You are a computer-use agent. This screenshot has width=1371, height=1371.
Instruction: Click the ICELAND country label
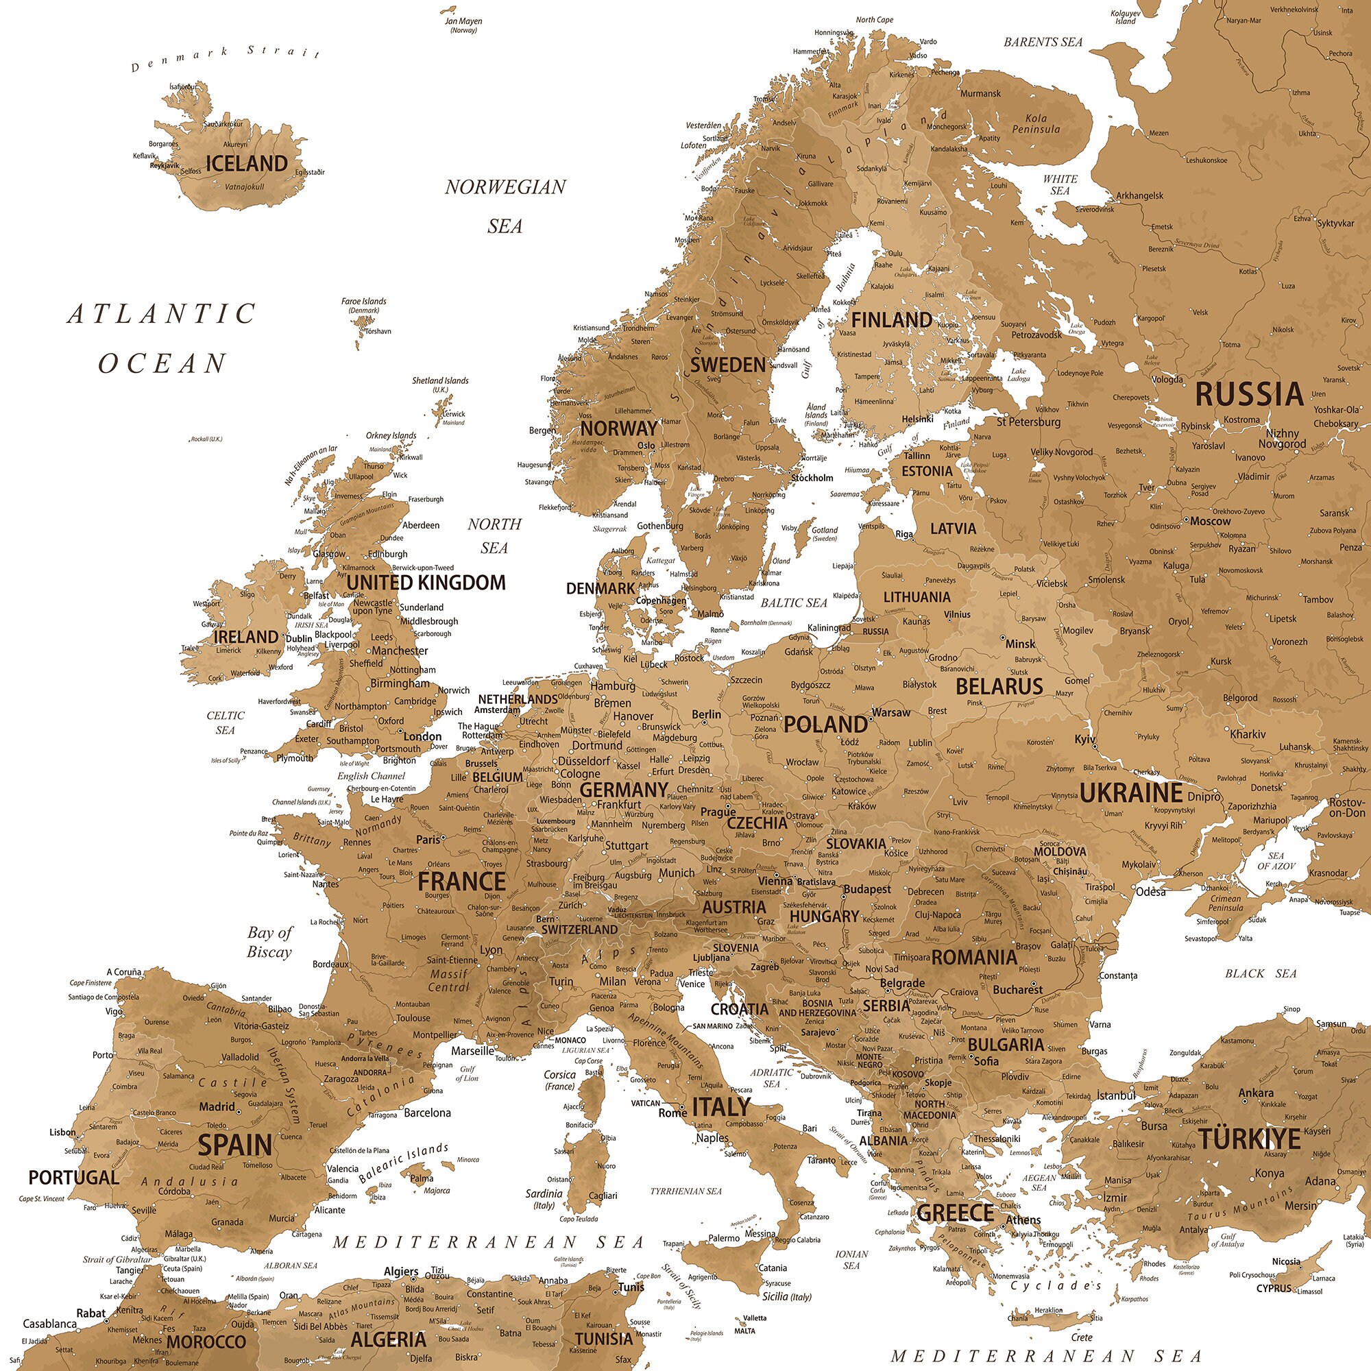coord(246,164)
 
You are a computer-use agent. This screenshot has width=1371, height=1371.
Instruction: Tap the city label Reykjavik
coord(165,165)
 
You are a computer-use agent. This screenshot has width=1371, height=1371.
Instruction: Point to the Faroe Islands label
coord(363,302)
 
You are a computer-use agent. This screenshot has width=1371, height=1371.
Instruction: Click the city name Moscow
coord(1210,521)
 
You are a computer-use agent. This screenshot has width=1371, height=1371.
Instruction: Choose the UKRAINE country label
coord(1131,792)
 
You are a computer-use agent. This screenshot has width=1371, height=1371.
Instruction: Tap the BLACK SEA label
coord(1261,973)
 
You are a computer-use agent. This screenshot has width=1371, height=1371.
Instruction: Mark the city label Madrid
coord(217,1106)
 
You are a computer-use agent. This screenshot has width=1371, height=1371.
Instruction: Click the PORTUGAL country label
coord(73,1177)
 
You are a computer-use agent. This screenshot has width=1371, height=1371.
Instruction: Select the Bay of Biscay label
coord(269,942)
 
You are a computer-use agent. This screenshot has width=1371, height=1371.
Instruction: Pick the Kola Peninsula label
coord(1036,123)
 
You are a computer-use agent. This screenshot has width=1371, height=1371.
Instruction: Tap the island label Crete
coord(1082,1337)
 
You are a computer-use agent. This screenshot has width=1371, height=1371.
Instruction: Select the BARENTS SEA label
coord(1043,43)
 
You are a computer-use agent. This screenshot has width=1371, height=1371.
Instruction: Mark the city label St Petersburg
coord(1028,422)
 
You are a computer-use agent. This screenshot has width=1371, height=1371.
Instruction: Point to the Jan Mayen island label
coord(463,21)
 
